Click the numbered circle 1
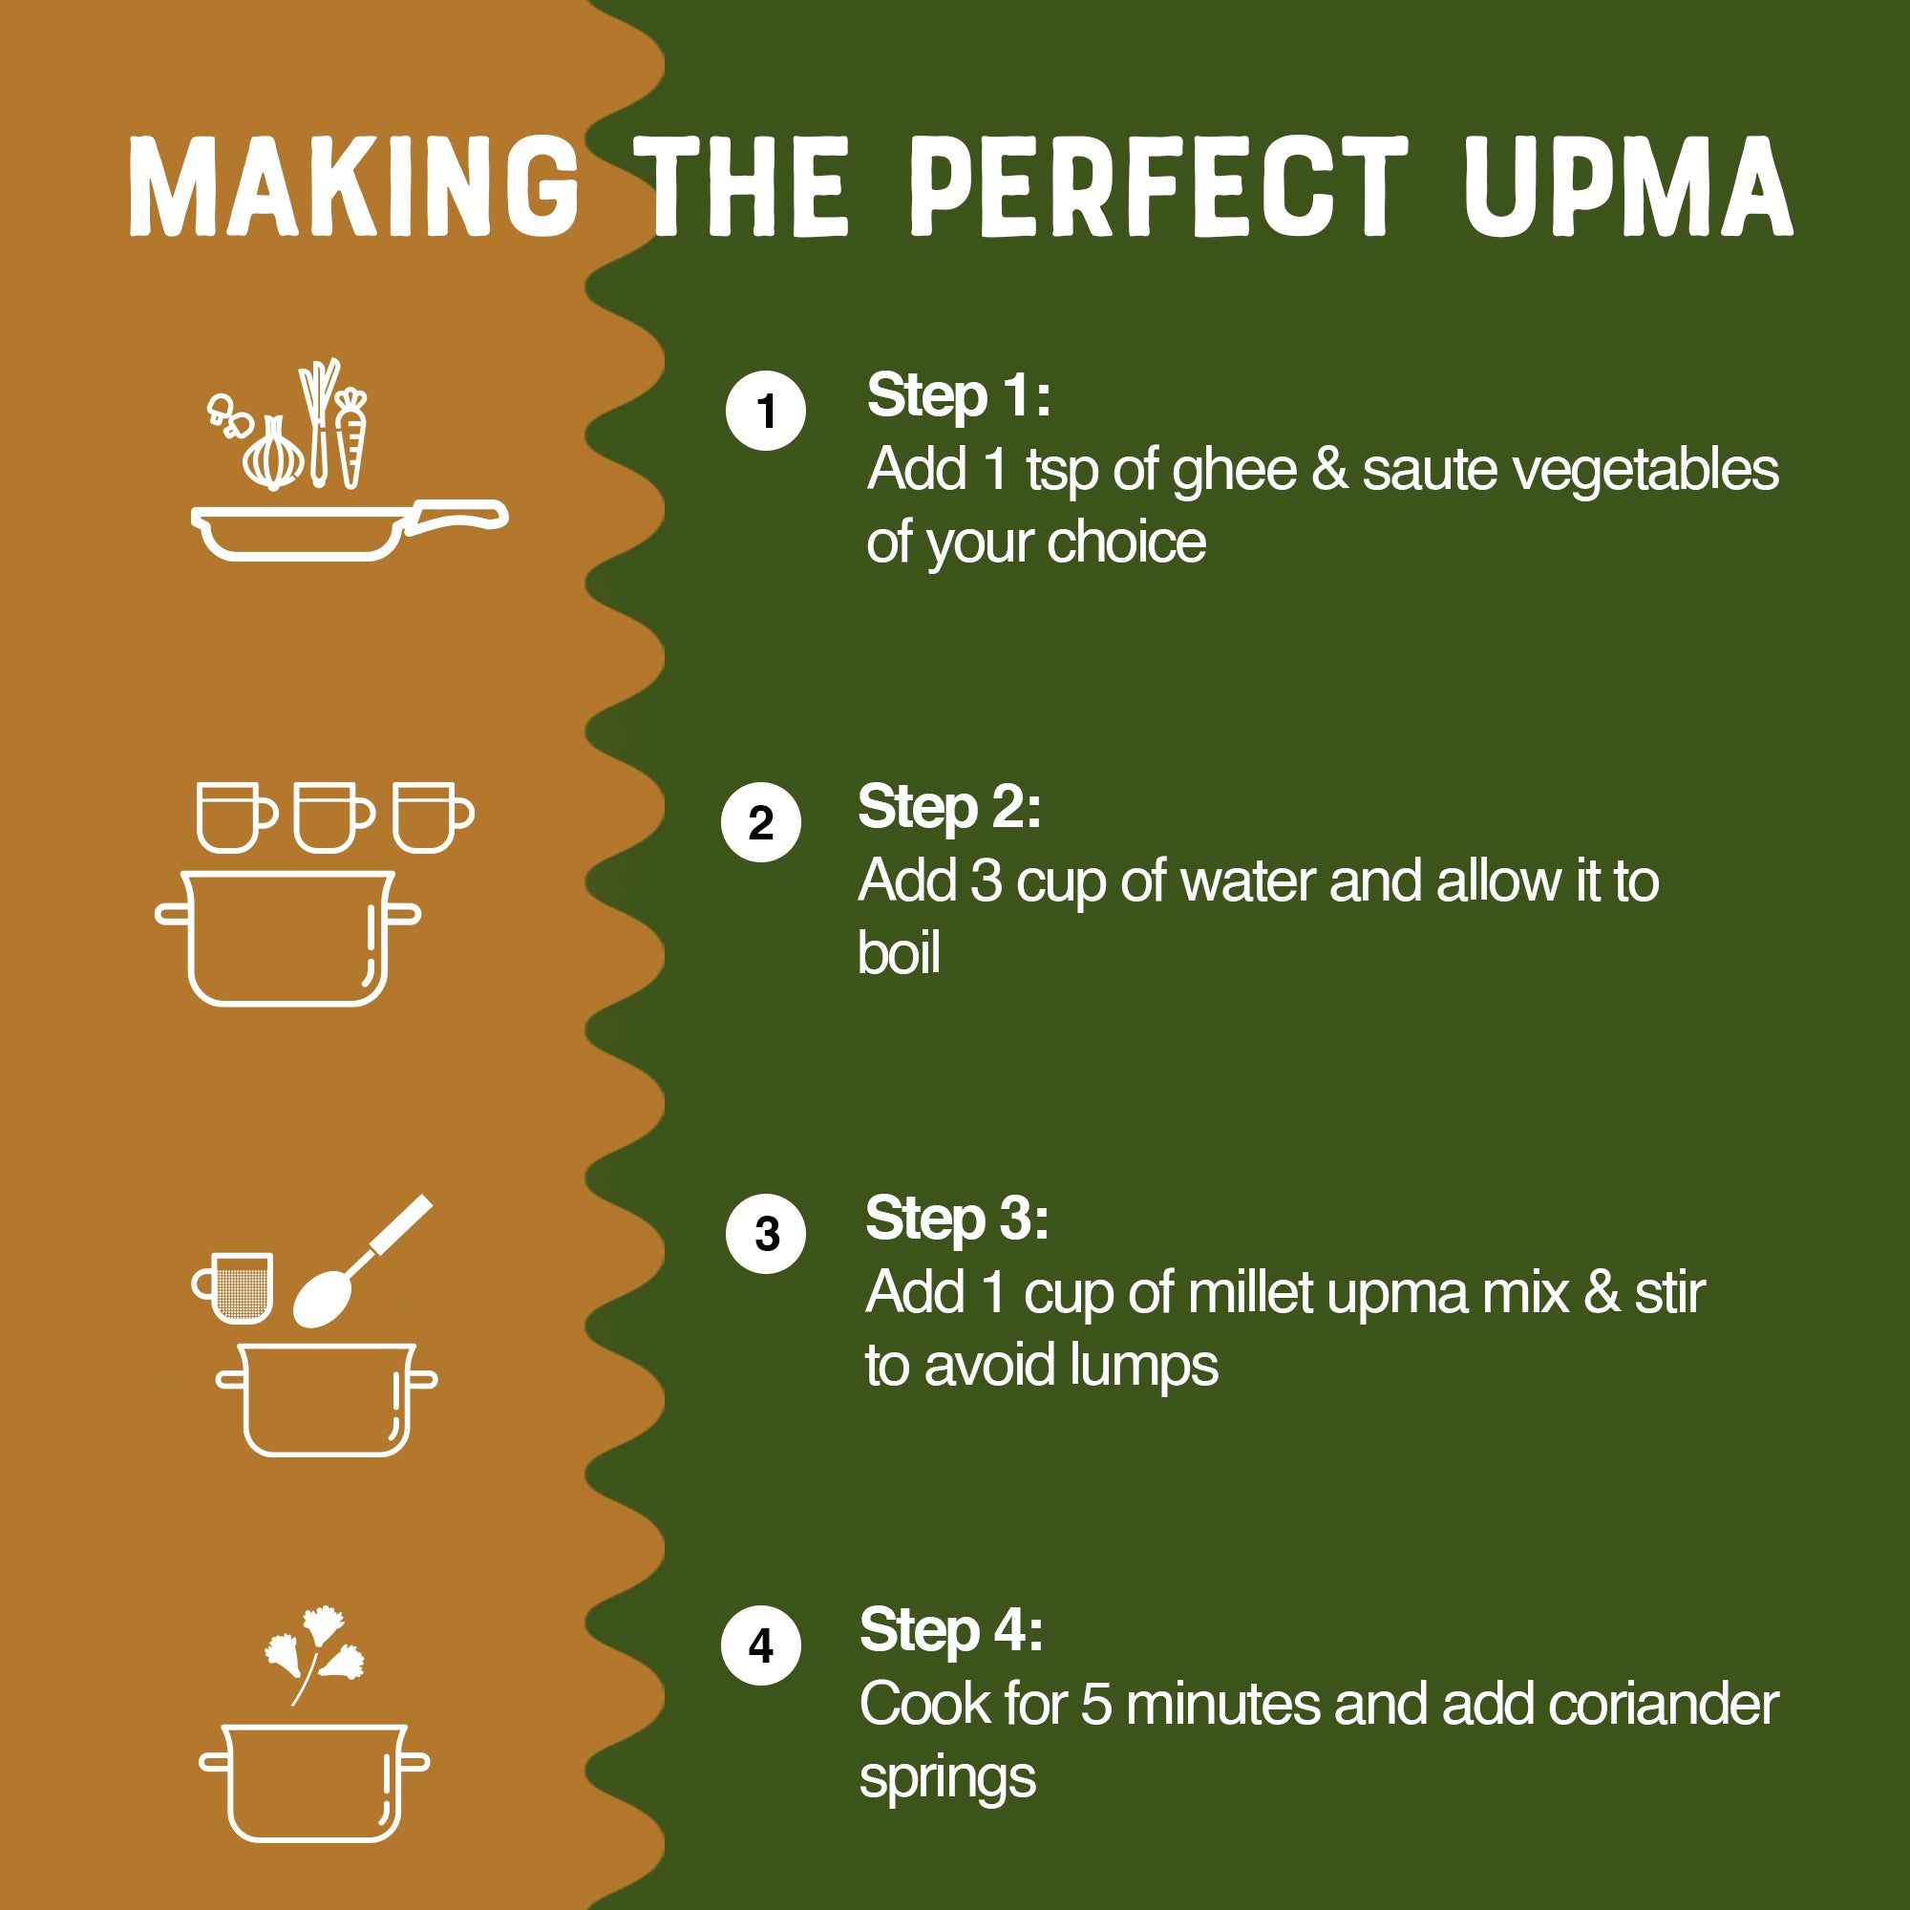point(765,412)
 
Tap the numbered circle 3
point(765,1234)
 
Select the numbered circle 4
point(760,1646)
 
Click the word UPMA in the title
point(1628,187)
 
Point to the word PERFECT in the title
point(1158,187)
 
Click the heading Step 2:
point(949,807)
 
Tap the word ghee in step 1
point(1234,471)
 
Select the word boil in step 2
point(898,953)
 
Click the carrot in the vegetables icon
point(350,440)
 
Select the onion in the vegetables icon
point(274,456)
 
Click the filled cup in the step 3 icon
point(237,1288)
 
